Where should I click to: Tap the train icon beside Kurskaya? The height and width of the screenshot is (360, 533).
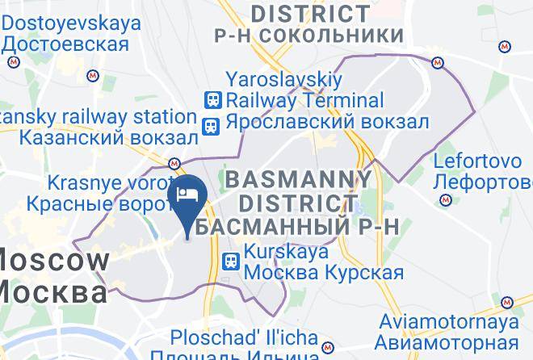pyautogui.click(x=231, y=262)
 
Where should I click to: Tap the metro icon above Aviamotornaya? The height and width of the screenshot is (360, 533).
pyautogui.click(x=507, y=302)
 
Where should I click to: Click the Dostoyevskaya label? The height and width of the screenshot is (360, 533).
pyautogui.click(x=71, y=23)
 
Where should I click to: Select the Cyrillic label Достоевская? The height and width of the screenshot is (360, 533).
pyautogui.click(x=65, y=44)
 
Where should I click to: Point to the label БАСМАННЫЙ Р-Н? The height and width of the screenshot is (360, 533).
pyautogui.click(x=297, y=226)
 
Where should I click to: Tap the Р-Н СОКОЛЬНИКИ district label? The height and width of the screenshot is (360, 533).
pyautogui.click(x=319, y=36)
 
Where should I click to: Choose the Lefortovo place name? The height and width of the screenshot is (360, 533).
pyautogui.click(x=475, y=159)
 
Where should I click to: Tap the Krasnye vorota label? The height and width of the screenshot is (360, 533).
pyautogui.click(x=109, y=182)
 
